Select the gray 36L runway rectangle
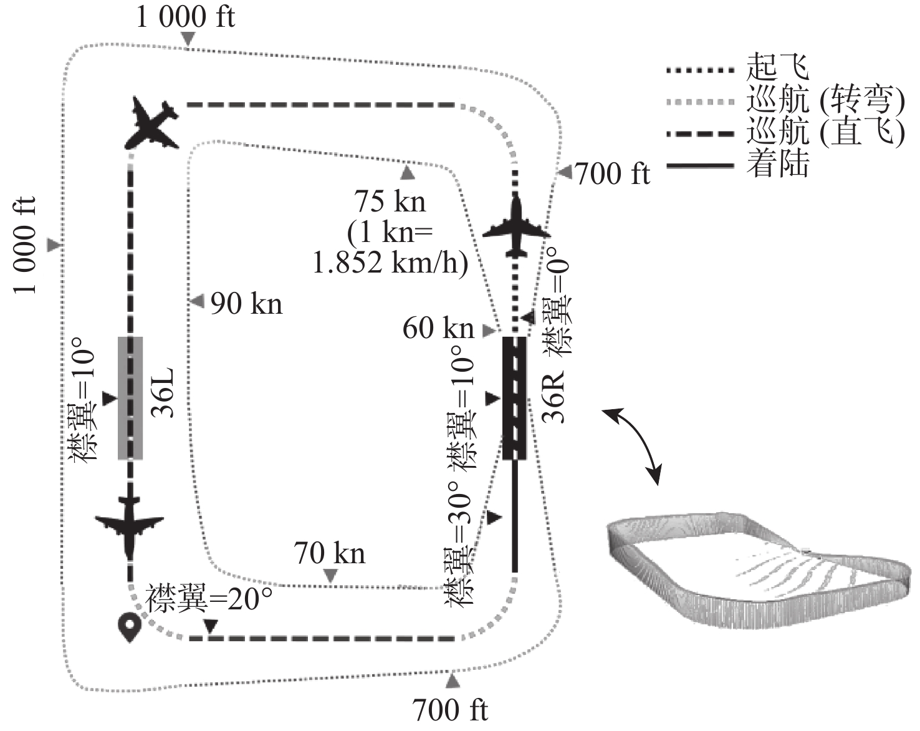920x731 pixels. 130,398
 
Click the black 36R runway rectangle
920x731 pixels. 514,398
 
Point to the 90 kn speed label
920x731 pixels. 246,304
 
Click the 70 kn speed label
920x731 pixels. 329,553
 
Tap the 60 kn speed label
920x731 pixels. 438,328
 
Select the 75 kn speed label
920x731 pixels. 390,201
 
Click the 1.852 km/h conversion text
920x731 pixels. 390,263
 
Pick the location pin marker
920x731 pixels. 130,627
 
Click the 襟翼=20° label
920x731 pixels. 209,599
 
